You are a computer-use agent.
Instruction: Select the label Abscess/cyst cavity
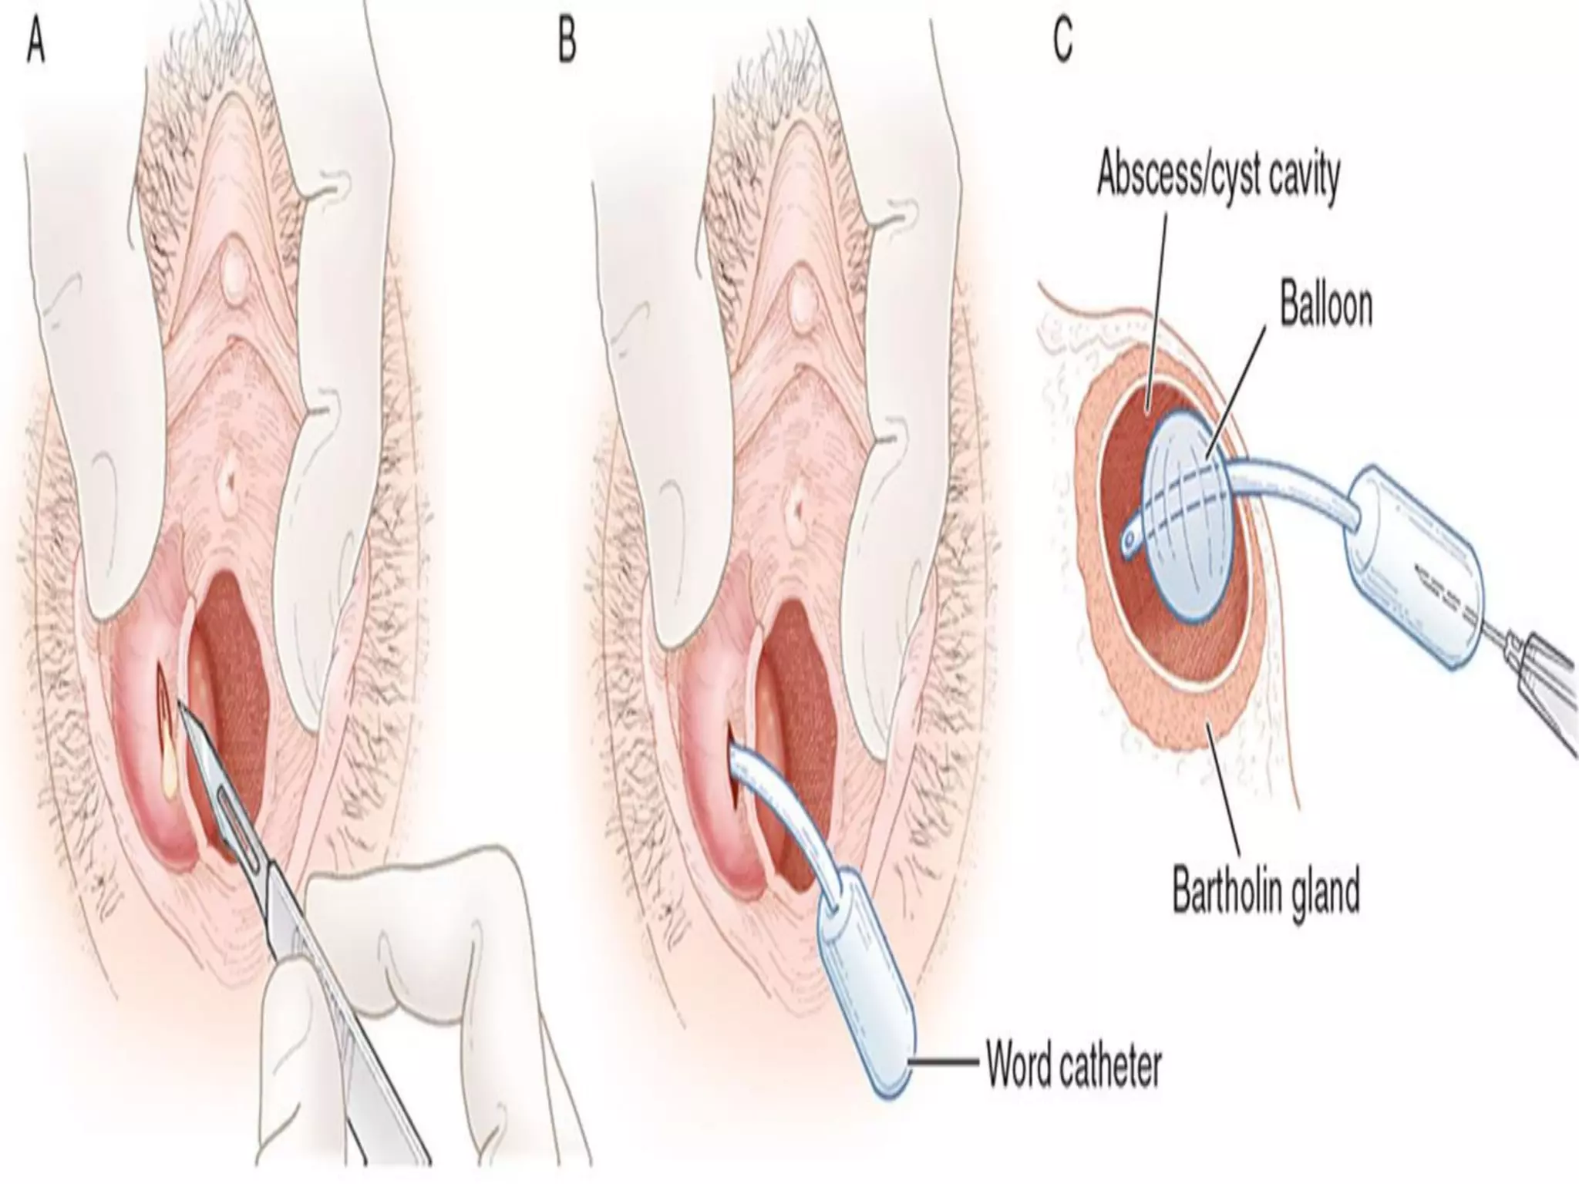[x=1218, y=176]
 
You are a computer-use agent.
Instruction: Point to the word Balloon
[x=1326, y=305]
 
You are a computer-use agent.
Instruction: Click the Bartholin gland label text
[x=1265, y=890]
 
